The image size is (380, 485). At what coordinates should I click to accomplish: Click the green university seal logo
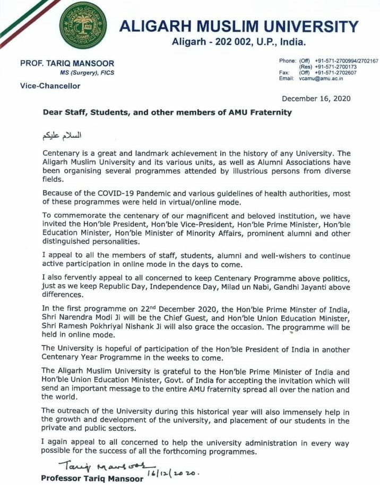coord(83,25)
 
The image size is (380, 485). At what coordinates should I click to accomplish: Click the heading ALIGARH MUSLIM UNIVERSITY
coord(238,27)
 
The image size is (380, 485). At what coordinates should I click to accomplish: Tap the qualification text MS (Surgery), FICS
coord(87,72)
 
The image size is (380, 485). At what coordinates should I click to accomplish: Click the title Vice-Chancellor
coord(50,86)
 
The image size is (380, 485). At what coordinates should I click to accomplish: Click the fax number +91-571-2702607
coord(335,73)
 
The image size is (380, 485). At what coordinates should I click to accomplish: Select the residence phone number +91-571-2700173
coord(335,67)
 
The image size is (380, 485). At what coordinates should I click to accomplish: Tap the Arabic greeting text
coord(64,136)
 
